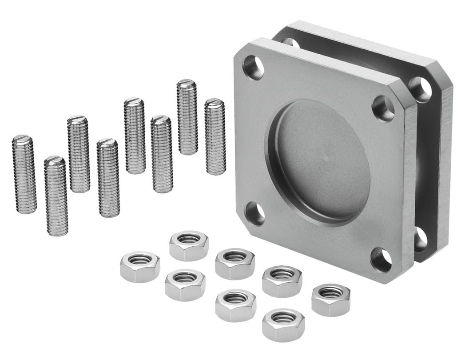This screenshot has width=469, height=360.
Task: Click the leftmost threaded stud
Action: (24, 174)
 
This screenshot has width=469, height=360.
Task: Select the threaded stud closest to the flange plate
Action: (215, 136)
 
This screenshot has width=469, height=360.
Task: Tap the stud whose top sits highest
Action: (187, 117)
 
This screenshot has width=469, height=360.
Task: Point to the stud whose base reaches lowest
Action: (56, 196)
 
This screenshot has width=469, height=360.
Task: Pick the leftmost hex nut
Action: (140, 266)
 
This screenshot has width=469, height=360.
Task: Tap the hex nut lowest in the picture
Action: (283, 325)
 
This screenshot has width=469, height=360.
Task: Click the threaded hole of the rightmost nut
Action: (331, 293)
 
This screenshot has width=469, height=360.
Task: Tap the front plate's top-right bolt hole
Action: (383, 108)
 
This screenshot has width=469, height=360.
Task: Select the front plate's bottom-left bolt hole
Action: (254, 213)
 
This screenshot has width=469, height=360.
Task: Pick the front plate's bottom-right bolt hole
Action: (381, 259)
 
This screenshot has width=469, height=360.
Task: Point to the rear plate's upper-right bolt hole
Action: (420, 89)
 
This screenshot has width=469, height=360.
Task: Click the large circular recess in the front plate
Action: (318, 162)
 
